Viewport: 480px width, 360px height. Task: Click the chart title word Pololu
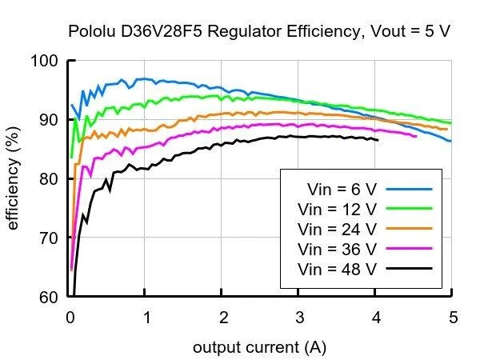pos(91,31)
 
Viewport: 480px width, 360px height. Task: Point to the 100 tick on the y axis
pos(44,61)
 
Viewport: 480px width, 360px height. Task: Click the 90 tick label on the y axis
pos(48,120)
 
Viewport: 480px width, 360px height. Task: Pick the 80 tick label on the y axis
pos(48,178)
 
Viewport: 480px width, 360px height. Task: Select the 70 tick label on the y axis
pos(48,238)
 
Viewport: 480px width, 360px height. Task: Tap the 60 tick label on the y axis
pos(48,297)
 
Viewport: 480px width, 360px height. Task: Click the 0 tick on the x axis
pos(70,317)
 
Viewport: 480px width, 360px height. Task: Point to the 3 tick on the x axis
pos(300,317)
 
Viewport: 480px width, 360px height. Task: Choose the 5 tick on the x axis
pos(454,317)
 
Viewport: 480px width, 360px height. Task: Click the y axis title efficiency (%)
pos(13,178)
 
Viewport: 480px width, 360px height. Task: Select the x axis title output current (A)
pos(259,347)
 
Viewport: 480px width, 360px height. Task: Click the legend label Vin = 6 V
pos(342,190)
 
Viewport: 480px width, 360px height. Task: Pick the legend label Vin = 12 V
pos(337,210)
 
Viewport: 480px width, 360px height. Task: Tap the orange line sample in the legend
pos(410,228)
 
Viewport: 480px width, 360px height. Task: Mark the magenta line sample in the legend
pos(410,249)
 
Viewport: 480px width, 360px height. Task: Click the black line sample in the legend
pos(410,269)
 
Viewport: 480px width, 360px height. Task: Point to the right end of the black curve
pos(378,140)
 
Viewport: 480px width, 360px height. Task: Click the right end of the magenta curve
pos(416,136)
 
